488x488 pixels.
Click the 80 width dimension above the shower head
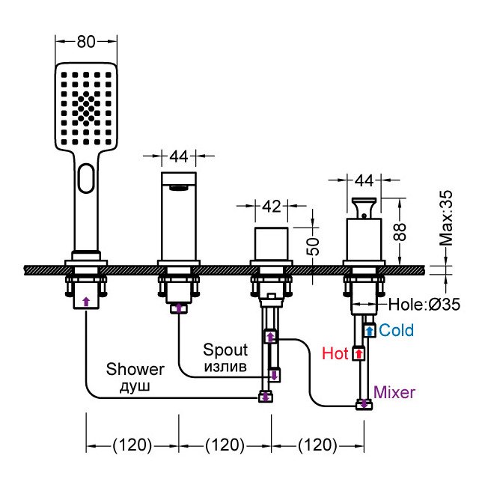point(86,41)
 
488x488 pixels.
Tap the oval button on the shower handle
point(86,178)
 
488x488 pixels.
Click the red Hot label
point(335,353)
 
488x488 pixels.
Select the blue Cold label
point(396,330)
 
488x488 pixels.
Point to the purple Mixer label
point(394,392)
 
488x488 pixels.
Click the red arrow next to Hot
point(359,354)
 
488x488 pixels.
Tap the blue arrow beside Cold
point(370,331)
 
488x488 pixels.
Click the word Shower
point(135,370)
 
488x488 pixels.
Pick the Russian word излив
point(225,367)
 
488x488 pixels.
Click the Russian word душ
point(135,386)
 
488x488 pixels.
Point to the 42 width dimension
point(271,207)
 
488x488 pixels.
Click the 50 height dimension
point(314,246)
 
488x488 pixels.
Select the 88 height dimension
point(400,232)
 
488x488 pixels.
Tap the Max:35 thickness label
point(445,218)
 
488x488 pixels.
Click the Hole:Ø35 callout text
point(424,305)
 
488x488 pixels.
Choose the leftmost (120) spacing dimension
point(132,445)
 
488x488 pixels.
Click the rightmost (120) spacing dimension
point(317,445)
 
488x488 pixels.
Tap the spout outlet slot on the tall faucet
point(179,188)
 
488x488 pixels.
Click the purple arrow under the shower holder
point(86,302)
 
